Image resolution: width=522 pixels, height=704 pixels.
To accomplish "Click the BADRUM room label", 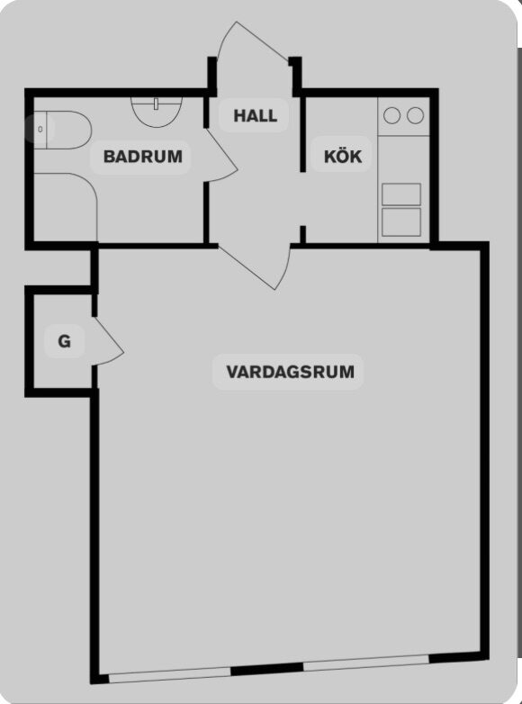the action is pyautogui.click(x=143, y=157).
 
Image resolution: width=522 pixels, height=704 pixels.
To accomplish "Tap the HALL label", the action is pyautogui.click(x=255, y=116).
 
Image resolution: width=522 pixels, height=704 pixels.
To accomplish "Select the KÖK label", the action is pyautogui.click(x=343, y=157).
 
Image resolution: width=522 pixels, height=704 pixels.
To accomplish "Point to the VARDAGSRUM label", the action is pyautogui.click(x=290, y=372).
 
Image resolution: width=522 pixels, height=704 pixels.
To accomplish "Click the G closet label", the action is pyautogui.click(x=64, y=342).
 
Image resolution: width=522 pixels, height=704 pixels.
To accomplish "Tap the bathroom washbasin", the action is pyautogui.click(x=157, y=112).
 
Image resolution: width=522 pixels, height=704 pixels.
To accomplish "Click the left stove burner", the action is pyautogui.click(x=391, y=115).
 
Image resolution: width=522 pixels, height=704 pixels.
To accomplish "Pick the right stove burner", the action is pyautogui.click(x=415, y=115).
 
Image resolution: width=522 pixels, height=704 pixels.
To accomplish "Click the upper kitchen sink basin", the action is pyautogui.click(x=401, y=194).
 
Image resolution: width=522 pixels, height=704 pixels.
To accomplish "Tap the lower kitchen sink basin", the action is pyautogui.click(x=401, y=221).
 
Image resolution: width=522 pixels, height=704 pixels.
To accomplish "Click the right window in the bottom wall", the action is pyautogui.click(x=366, y=663).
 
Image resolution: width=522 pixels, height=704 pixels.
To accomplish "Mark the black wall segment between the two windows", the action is pyautogui.click(x=267, y=669).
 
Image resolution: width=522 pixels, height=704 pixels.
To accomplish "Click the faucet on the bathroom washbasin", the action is pyautogui.click(x=156, y=104).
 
